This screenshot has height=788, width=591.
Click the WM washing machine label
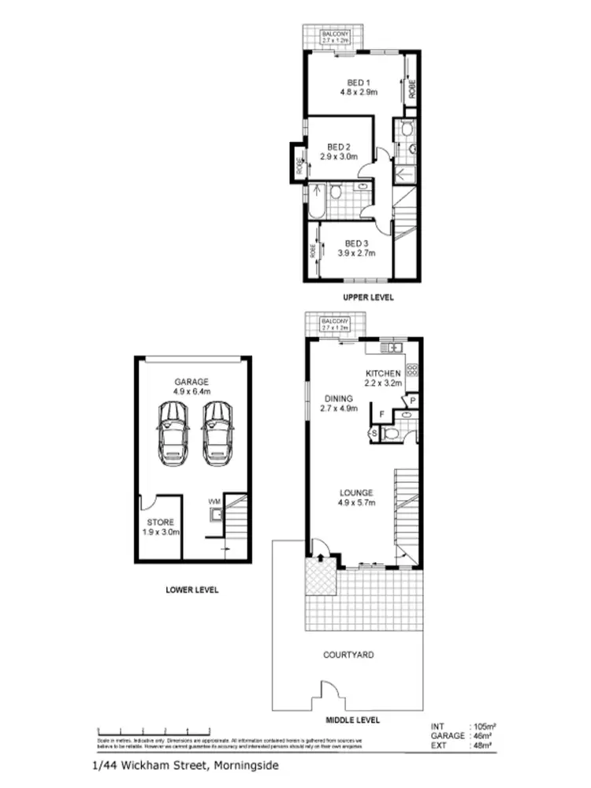[214, 502]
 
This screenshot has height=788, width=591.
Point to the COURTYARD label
[348, 655]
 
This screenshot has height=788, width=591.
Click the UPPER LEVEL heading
[367, 297]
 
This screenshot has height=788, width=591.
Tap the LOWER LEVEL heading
[192, 589]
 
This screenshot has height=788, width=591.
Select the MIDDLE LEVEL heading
[353, 719]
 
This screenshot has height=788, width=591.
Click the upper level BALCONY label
[335, 35]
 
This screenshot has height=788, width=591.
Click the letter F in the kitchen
[381, 413]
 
